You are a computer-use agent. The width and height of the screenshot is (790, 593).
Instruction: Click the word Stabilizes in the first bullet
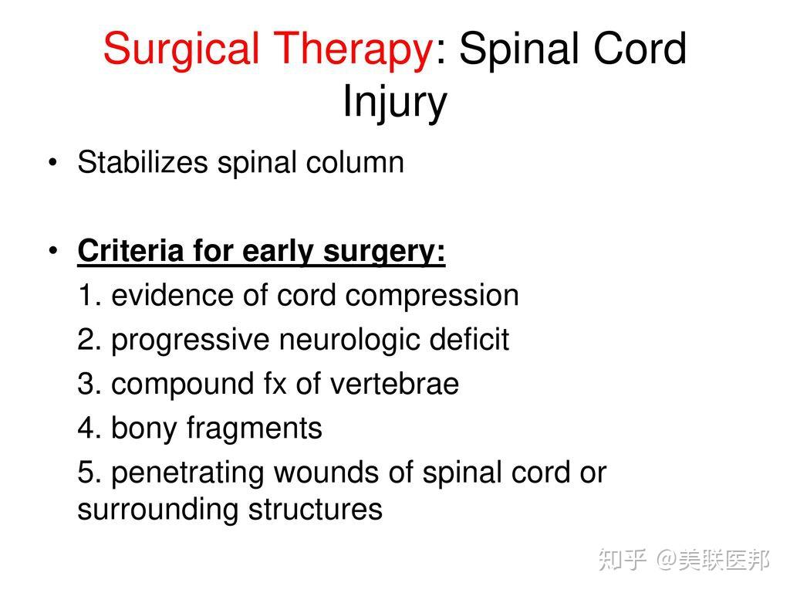143,162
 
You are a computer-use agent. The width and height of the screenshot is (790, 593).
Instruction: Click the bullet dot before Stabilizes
53,163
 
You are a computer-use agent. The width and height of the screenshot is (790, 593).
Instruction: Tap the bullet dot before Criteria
53,251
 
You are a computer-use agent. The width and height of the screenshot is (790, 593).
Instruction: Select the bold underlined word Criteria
131,251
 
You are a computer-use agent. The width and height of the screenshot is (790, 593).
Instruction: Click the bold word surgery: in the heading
384,252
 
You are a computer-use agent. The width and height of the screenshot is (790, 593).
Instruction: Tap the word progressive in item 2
191,341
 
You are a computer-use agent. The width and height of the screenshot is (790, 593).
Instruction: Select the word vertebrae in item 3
394,384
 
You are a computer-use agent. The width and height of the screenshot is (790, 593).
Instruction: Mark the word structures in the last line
316,510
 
